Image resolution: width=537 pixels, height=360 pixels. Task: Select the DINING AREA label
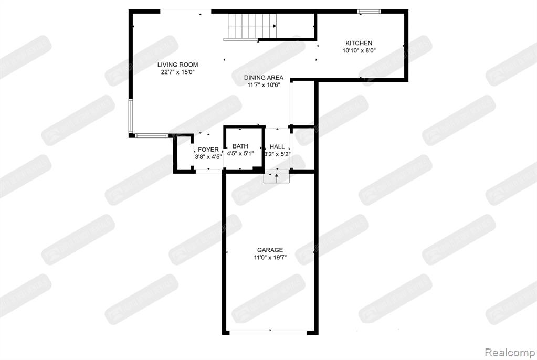[264, 78]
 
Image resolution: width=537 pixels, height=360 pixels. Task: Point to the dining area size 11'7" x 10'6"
[264, 86]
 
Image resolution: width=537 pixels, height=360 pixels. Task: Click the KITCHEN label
[359, 43]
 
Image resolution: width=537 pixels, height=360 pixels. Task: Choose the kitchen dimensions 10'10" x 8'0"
[359, 51]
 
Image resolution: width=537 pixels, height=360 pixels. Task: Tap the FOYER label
[208, 150]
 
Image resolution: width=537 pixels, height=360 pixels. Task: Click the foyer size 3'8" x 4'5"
[208, 156]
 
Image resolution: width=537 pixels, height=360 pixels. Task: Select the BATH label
[240, 146]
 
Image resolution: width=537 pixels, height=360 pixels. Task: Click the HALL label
[277, 147]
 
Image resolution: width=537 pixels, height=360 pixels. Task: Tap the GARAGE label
[270, 250]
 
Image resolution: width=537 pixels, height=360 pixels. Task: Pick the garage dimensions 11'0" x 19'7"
[270, 258]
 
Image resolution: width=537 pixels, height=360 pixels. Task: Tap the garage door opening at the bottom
[269, 332]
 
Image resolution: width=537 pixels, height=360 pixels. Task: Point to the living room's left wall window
[131, 115]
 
